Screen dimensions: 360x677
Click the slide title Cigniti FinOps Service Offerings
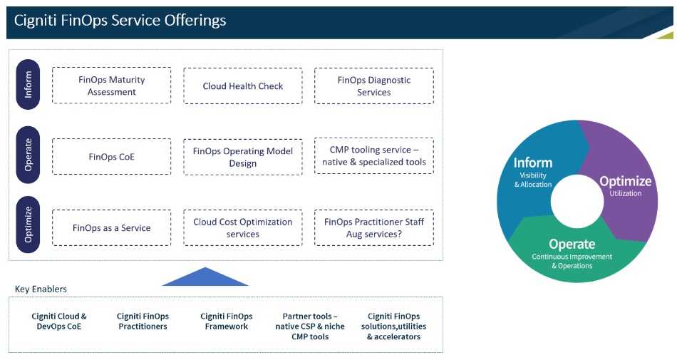[x=120, y=21]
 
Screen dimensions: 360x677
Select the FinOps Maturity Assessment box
[x=112, y=86]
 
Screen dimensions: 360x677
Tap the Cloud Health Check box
[x=243, y=86]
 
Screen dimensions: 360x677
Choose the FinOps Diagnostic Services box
[x=373, y=86]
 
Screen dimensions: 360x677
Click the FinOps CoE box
[x=112, y=157]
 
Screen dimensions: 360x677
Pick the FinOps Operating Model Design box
[x=243, y=157]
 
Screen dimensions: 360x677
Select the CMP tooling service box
[x=373, y=156]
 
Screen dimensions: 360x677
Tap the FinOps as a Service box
[x=112, y=228]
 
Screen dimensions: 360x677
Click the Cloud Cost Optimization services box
[x=243, y=228]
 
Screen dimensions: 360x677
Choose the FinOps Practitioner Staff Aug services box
[x=373, y=228]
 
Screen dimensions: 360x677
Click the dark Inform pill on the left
[x=28, y=85]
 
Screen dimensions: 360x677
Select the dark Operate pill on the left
[x=28, y=156]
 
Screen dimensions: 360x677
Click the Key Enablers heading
[x=41, y=289]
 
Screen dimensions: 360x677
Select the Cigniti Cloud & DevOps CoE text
[x=59, y=322]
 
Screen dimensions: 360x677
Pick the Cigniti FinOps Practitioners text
[x=143, y=322]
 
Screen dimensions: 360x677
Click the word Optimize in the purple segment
[x=625, y=180]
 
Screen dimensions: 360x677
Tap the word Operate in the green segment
[x=572, y=244]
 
